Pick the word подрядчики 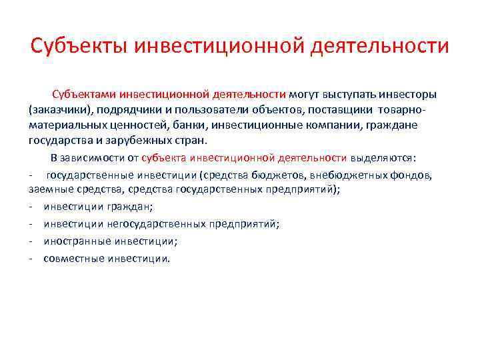click(125, 109)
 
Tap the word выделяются click(391, 158)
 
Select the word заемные click(49, 190)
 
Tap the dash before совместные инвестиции click(32, 258)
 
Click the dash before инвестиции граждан click(32, 207)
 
